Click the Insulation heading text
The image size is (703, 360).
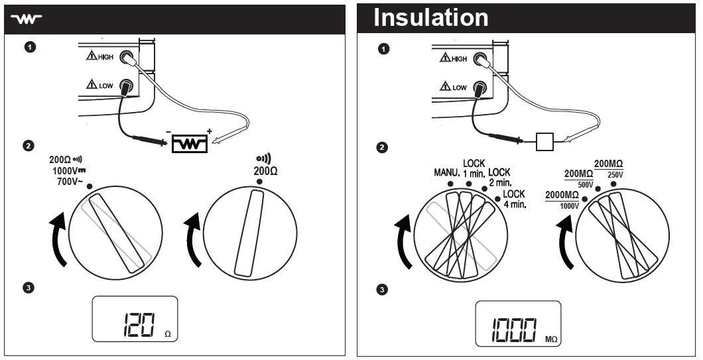coord(430,18)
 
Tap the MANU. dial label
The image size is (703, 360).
coord(447,173)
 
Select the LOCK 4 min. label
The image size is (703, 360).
coord(514,199)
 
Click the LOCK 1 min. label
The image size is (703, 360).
coord(475,168)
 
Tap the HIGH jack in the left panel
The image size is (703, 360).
coord(123,58)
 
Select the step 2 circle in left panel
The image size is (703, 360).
coord(29,146)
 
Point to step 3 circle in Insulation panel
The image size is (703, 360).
coord(381,290)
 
